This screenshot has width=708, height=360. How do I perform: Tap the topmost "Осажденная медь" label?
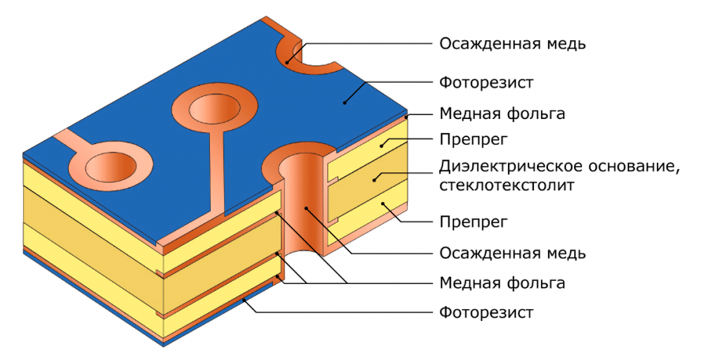512,44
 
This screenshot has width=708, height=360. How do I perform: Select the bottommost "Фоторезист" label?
486,312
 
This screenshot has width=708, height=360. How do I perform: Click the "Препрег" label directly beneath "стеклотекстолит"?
474,222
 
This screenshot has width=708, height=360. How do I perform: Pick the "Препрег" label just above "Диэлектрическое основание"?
474,140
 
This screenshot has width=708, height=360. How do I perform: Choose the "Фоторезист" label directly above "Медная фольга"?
486,82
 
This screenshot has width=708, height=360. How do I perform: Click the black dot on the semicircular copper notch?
287,61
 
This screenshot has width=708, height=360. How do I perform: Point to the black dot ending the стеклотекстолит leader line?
374,180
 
